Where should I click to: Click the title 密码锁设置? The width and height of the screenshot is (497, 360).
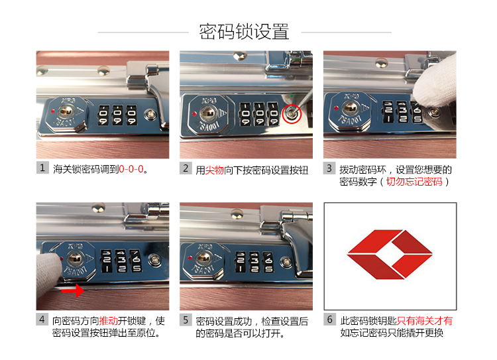point(244,32)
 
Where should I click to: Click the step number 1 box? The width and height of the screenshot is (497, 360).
point(42,168)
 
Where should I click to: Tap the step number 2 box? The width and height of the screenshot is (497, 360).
point(186,168)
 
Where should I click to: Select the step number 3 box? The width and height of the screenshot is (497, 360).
point(329,168)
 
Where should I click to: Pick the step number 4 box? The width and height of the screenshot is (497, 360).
point(42,320)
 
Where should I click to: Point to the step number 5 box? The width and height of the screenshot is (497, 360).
point(186,320)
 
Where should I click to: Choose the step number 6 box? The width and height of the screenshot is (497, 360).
point(329,320)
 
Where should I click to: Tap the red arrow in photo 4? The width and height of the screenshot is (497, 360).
point(73,290)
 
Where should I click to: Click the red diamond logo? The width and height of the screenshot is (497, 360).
point(390,255)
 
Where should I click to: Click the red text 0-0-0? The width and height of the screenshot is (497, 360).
point(131,169)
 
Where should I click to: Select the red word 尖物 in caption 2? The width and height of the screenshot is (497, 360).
point(215,170)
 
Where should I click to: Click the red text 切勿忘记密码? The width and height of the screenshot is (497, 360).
point(414,182)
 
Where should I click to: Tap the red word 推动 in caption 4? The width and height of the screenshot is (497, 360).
point(109,321)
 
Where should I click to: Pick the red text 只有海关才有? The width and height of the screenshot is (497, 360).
point(425,321)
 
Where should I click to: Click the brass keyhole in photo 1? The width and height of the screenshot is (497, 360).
point(66,111)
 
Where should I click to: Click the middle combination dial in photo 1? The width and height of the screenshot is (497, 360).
point(117,115)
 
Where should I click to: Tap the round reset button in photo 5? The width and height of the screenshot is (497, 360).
point(286,262)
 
